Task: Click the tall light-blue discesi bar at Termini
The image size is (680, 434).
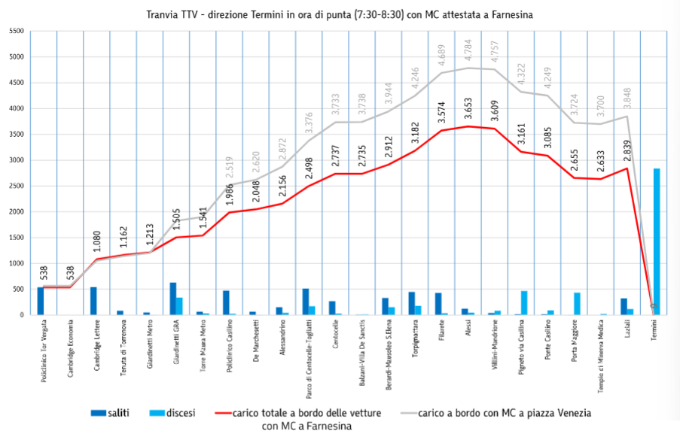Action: [x=656, y=241]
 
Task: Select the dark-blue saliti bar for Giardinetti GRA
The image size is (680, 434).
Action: [x=173, y=299]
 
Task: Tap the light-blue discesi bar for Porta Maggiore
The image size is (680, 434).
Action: [x=577, y=303]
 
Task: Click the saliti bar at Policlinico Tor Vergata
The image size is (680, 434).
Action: [x=41, y=301]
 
